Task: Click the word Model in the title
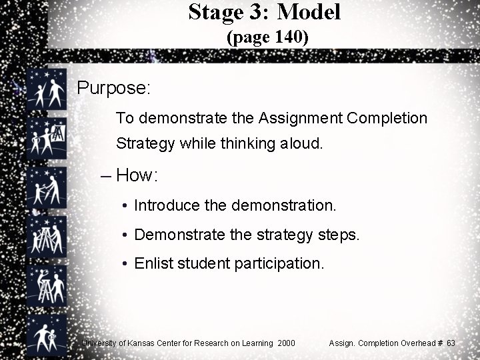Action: coord(309,11)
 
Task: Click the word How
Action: coord(135,175)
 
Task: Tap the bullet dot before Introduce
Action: coord(125,206)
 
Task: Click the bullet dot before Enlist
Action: coord(125,264)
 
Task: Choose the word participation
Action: coord(275,264)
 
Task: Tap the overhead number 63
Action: coord(451,343)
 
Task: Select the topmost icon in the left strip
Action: coord(47,90)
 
